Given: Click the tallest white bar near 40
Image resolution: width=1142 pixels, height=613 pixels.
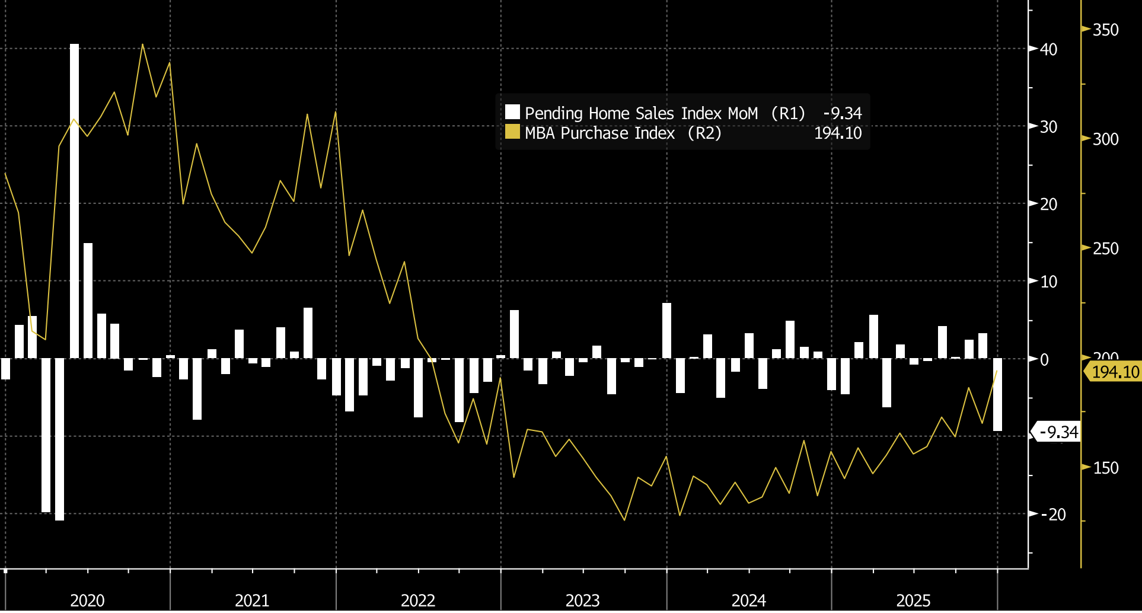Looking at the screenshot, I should point(74,202).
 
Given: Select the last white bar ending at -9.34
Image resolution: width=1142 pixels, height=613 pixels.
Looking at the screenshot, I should point(997,395).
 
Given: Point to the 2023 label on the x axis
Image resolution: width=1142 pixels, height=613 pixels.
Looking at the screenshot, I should point(582,601).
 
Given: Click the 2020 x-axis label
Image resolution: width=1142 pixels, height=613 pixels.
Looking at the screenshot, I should point(87,601).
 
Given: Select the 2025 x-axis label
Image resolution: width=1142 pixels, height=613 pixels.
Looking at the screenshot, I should point(913,601).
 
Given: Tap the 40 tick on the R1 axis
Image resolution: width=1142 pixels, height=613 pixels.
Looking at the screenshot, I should point(1048,49).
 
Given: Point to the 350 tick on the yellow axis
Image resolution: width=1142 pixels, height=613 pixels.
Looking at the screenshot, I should point(1105,30).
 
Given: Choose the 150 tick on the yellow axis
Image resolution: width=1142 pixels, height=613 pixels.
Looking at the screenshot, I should point(1105,468).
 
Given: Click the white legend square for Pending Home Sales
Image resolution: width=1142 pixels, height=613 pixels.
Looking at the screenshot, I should point(512,112).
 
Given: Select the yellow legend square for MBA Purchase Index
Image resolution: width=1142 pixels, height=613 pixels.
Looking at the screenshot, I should point(512,132).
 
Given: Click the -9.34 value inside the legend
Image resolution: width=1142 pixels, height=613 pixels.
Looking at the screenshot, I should point(842,113).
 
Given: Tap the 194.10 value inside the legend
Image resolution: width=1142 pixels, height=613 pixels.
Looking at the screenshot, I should point(837,133).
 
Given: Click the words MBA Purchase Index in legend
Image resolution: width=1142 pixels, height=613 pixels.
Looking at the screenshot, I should point(599,133).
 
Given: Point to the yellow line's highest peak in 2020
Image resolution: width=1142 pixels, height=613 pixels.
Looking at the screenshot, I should point(142,44).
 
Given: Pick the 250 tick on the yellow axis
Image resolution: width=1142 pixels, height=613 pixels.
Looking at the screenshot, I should point(1105,248).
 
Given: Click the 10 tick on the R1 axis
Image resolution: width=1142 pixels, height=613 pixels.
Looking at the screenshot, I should point(1048,282).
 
